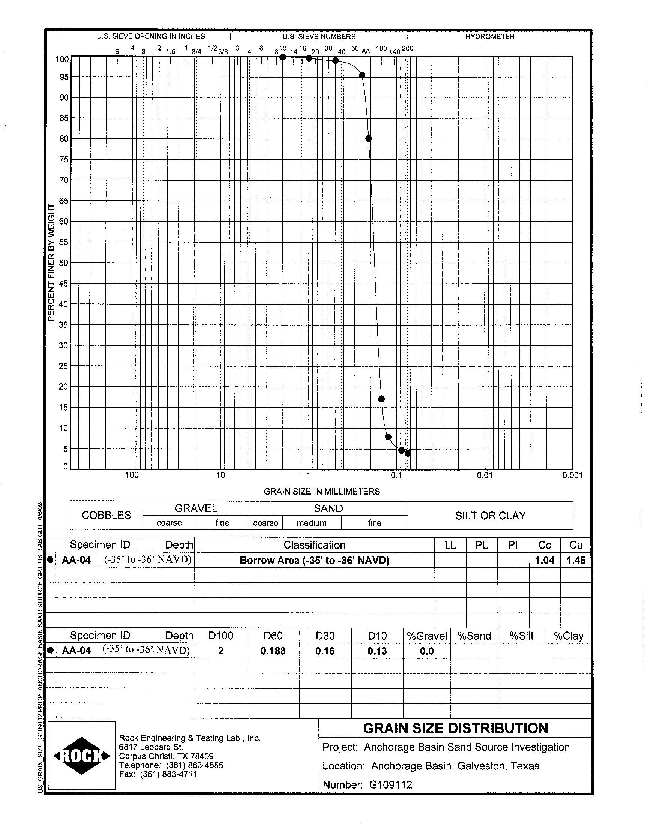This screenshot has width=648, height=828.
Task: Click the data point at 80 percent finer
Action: [x=368, y=139]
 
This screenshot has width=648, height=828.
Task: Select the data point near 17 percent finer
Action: [x=382, y=399]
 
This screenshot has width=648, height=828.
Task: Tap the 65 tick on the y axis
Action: [x=63, y=201]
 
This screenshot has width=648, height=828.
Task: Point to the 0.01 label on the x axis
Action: [x=484, y=475]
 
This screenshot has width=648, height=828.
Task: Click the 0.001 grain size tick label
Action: [x=572, y=475]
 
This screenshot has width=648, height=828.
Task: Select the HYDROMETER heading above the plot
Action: [x=490, y=37]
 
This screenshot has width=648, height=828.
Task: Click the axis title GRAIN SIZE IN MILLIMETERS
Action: [x=322, y=492]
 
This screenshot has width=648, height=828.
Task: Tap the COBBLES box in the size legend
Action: [x=106, y=515]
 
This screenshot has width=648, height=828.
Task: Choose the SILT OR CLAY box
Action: [x=490, y=516]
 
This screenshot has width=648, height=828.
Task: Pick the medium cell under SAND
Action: [x=312, y=523]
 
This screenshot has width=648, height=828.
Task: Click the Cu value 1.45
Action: [x=576, y=560]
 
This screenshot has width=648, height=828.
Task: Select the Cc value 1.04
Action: [x=544, y=560]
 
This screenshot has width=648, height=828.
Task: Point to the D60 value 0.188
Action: [x=273, y=651]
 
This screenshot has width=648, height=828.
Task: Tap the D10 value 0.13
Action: [x=377, y=651]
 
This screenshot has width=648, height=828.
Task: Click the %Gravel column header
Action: [x=427, y=636]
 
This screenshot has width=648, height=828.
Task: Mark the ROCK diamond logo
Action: [x=82, y=756]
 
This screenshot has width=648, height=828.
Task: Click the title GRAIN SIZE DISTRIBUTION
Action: [x=455, y=728]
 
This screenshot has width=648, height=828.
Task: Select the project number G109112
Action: [x=390, y=784]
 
